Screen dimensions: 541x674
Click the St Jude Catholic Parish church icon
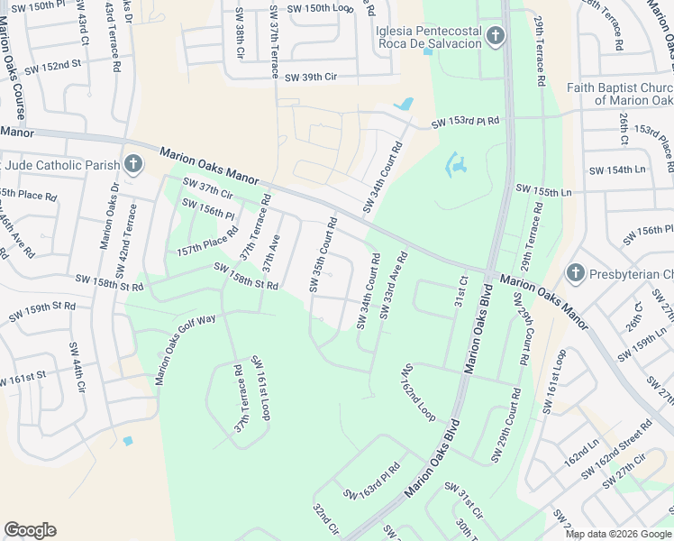pyautogui.click(x=132, y=163)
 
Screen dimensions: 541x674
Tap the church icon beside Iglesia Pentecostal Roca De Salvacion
pyautogui.click(x=494, y=37)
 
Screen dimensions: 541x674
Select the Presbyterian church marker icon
pyautogui.click(x=575, y=272)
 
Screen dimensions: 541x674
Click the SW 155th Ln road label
pyautogui.click(x=543, y=192)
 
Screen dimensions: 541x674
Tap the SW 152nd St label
pyautogui.click(x=52, y=67)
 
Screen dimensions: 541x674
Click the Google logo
pyautogui.click(x=30, y=530)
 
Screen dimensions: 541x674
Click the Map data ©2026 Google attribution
pyautogui.click(x=618, y=534)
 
